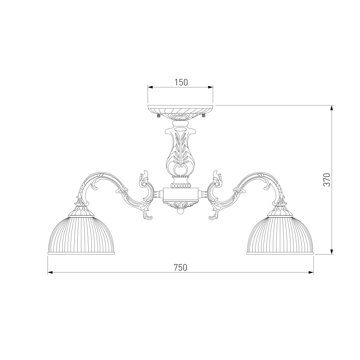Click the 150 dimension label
pyautogui.click(x=181, y=82)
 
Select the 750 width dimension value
pyautogui.click(x=180, y=267)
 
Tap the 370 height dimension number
pyautogui.click(x=327, y=180)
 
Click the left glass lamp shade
pyautogui.click(x=81, y=235)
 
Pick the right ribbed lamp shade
pyautogui.click(x=280, y=235)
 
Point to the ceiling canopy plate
pyautogui.click(x=180, y=112)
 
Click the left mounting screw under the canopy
pyautogui.click(x=158, y=116)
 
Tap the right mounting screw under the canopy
pyautogui.click(x=203, y=116)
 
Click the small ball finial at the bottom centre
pyautogui.click(x=180, y=211)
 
